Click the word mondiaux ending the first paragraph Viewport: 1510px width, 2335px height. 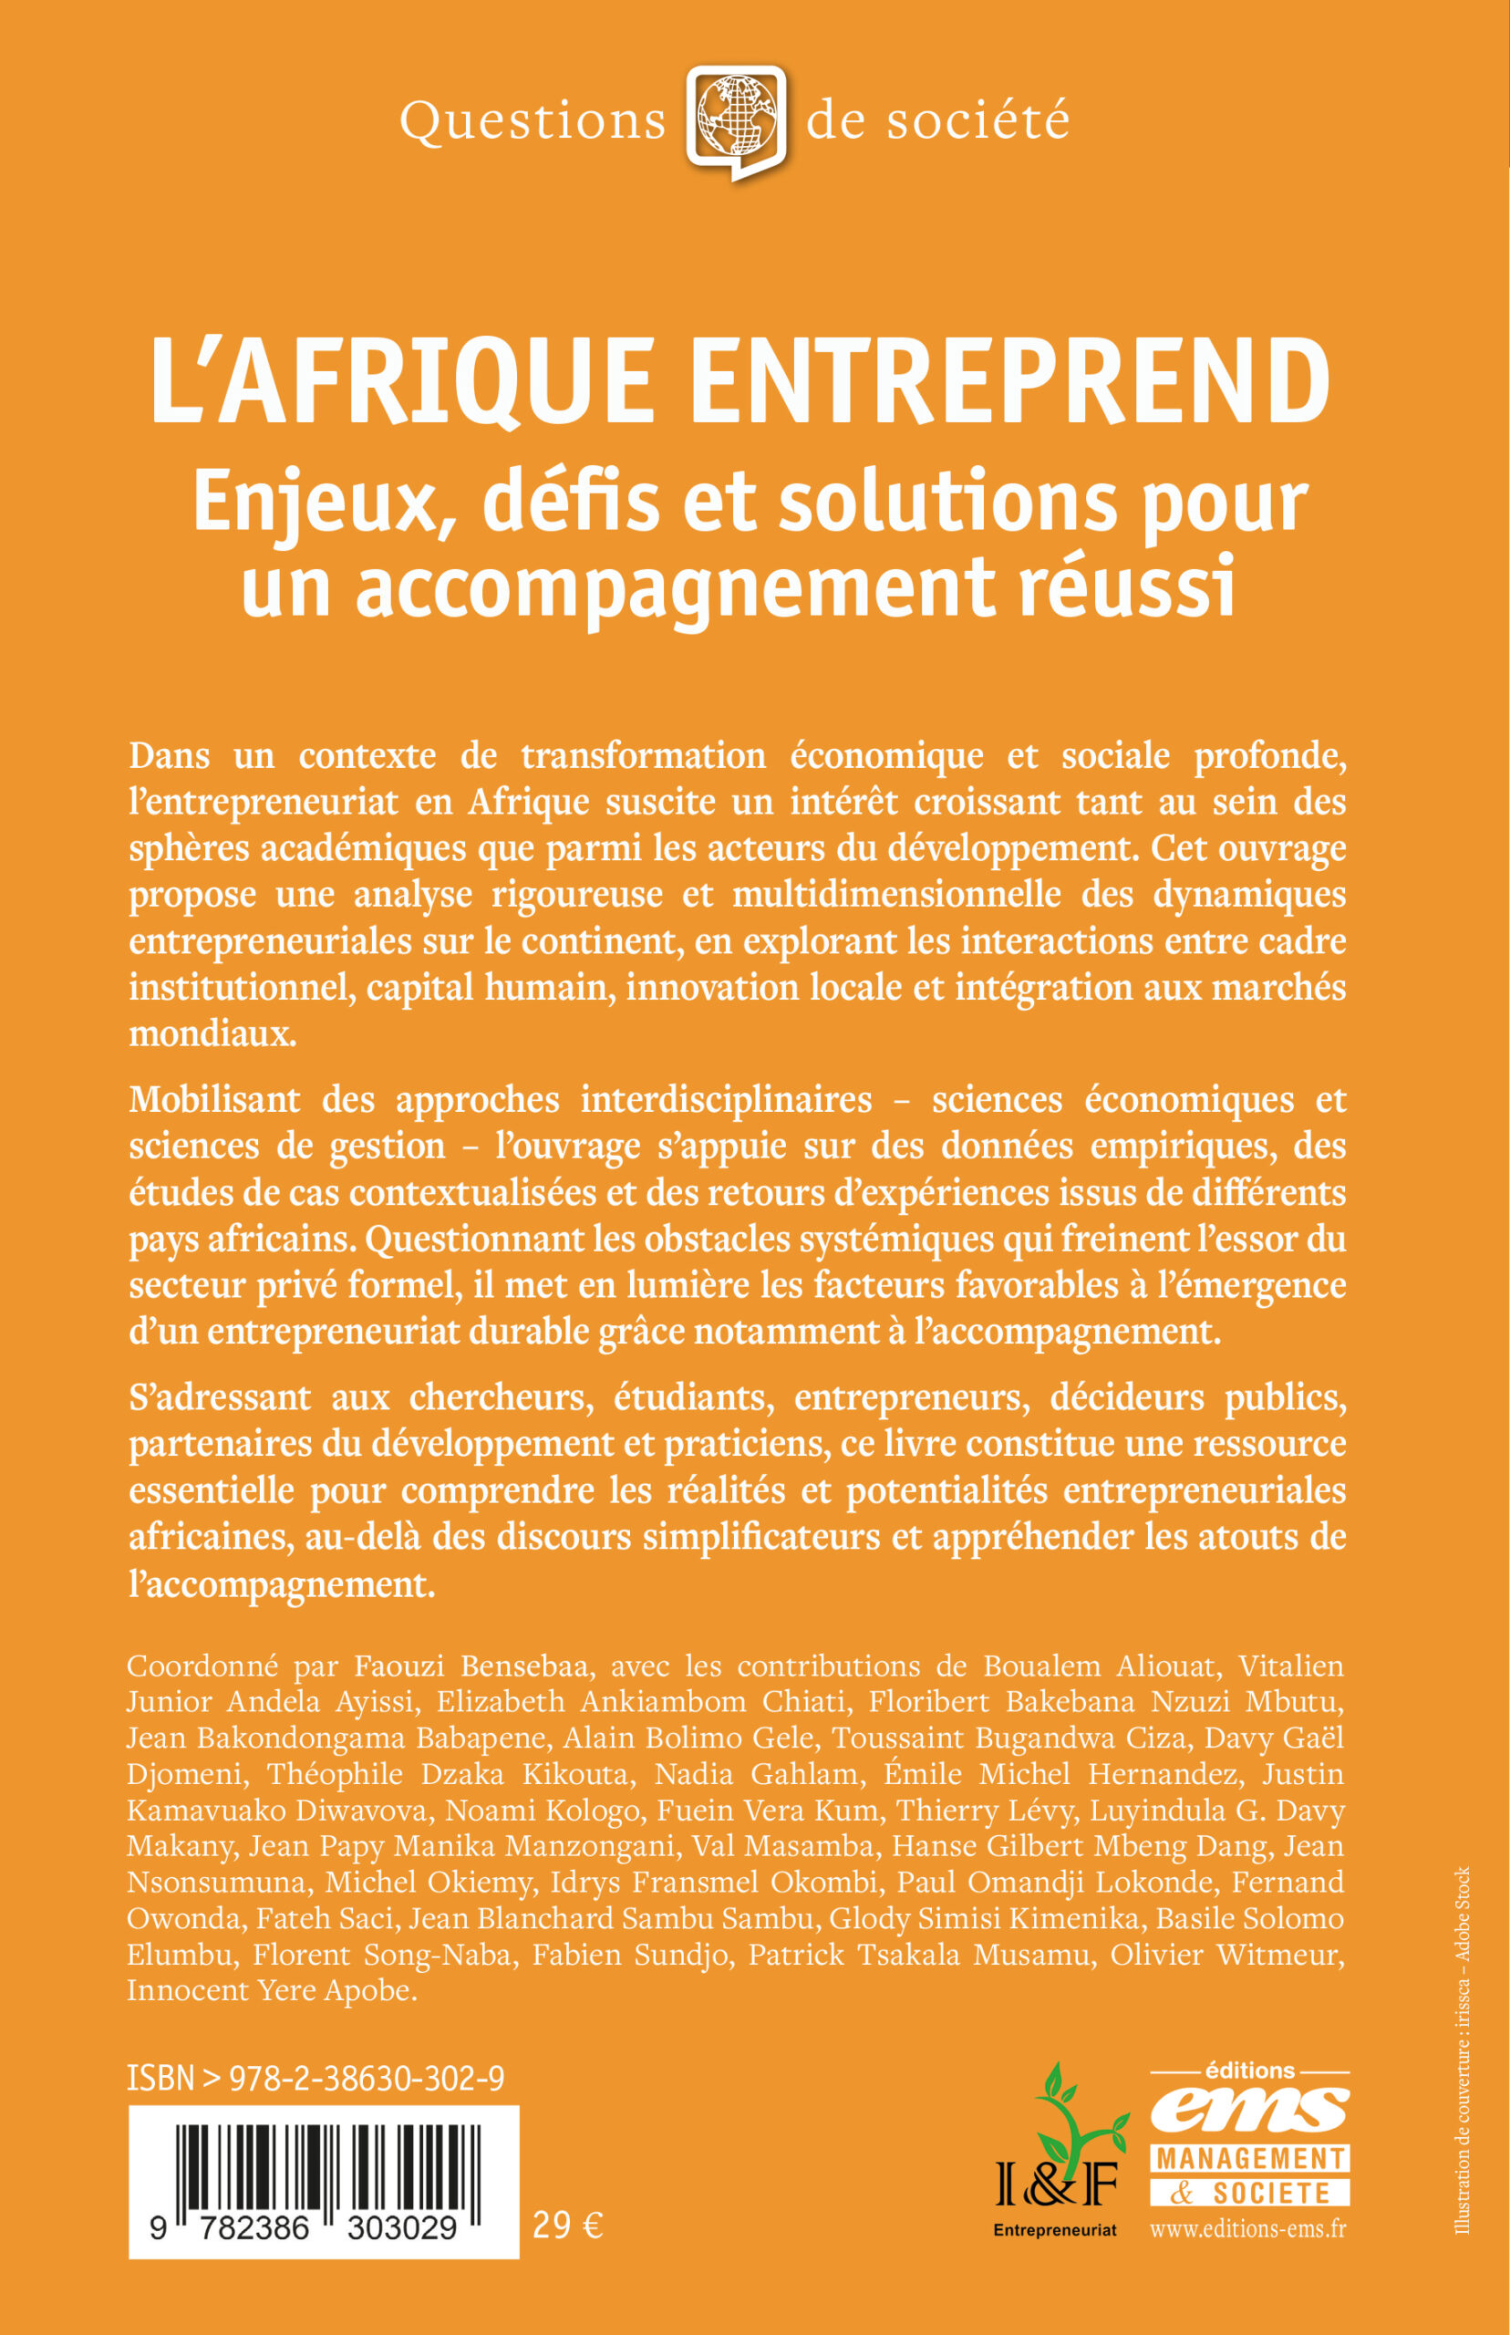212,1033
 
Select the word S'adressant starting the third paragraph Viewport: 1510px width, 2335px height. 220,1396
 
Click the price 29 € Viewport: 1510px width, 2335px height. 568,2226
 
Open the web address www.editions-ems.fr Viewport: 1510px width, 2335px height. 1247,2229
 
